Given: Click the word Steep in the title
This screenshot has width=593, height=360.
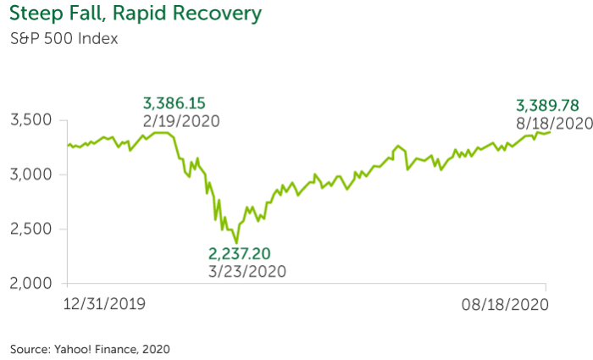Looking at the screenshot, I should point(36,15).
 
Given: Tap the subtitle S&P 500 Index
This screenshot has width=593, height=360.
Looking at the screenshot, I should point(63,39).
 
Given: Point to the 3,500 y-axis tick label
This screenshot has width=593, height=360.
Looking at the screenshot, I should point(33,120).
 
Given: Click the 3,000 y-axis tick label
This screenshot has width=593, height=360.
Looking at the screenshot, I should point(33,174).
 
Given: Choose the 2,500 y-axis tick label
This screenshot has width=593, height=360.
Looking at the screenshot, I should point(33,229).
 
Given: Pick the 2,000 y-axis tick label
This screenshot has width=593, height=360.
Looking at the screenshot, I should point(33,283).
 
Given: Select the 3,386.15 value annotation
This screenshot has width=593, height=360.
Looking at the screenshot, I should point(175,103).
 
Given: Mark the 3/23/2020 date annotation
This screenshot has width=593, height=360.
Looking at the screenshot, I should point(247,271).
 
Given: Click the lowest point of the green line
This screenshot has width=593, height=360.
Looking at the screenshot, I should point(236,243).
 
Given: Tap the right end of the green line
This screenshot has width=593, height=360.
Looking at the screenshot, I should point(550,131).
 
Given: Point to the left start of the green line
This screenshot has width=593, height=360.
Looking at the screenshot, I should point(68,146).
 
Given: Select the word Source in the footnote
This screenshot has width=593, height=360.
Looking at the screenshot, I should point(27,348).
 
